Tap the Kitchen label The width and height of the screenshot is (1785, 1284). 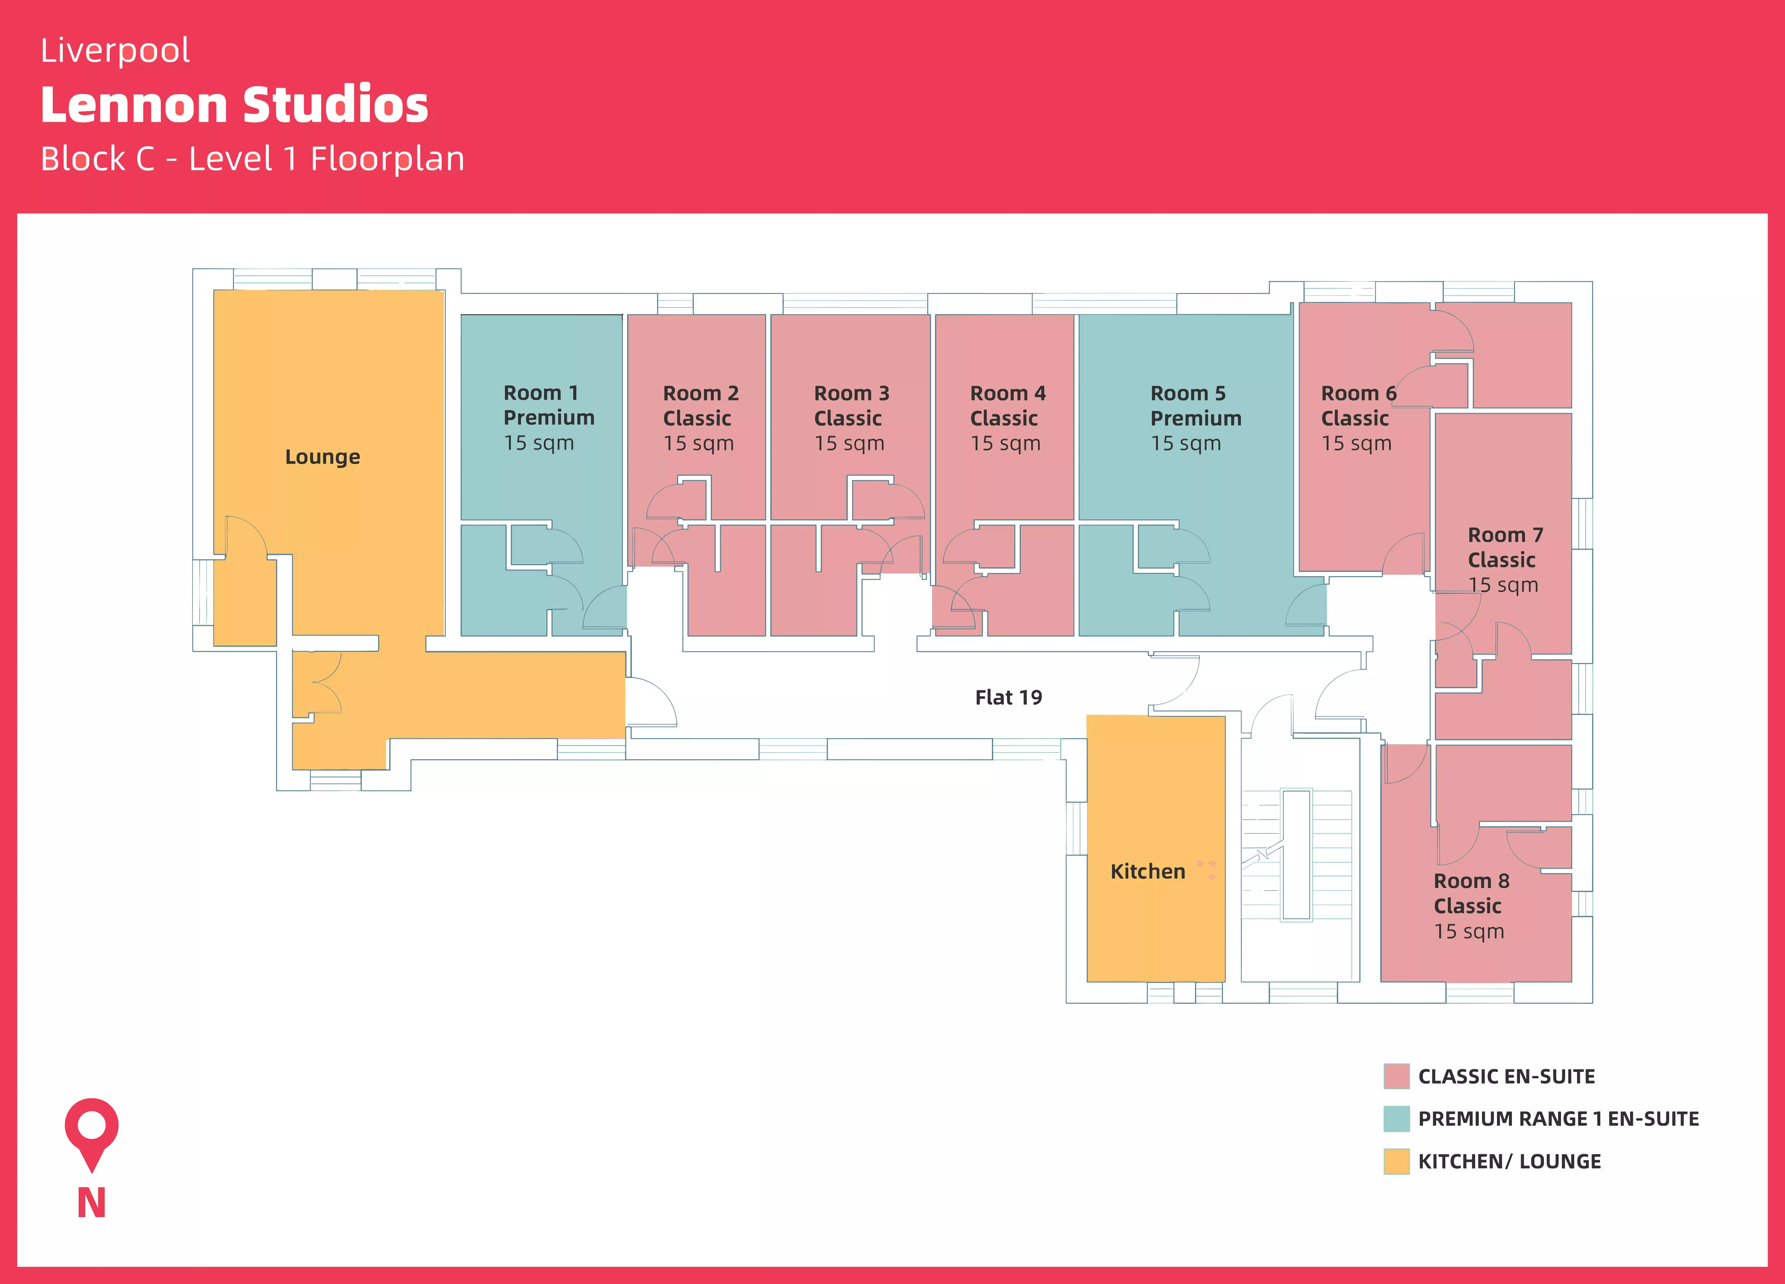(x=1147, y=871)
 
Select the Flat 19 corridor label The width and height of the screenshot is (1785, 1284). (x=1008, y=698)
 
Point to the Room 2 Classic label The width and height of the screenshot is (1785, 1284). (x=701, y=418)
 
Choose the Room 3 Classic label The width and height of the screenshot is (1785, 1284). (x=851, y=418)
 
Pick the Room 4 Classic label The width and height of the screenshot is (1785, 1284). (x=1007, y=418)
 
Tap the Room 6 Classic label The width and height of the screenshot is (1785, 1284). (x=1358, y=418)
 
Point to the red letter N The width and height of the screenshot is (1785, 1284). (x=91, y=1203)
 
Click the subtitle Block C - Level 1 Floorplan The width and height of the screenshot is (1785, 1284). (x=252, y=159)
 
